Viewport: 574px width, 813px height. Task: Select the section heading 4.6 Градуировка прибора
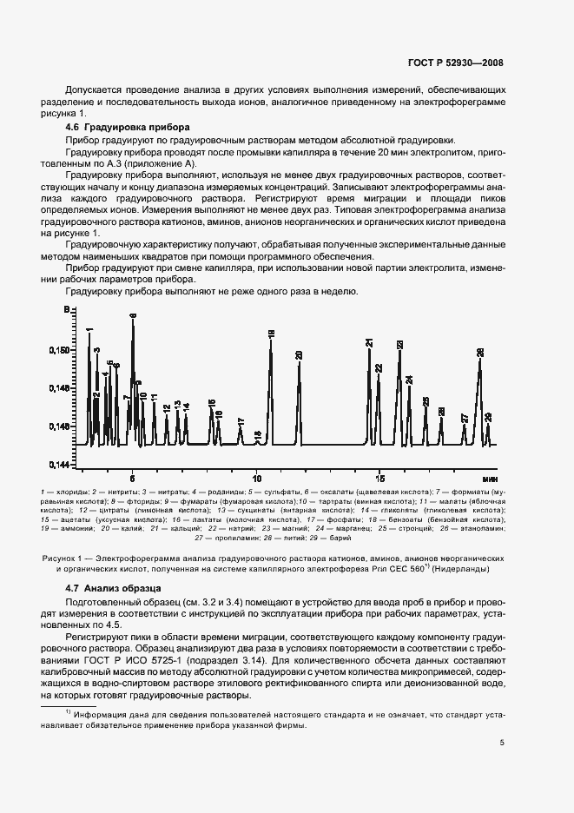pyautogui.click(x=105, y=128)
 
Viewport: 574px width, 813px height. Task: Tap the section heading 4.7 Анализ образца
pyautogui.click(x=96, y=588)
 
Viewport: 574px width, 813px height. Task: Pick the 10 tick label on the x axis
pyautogui.click(x=256, y=478)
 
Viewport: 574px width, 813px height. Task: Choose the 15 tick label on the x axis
pyautogui.click(x=379, y=478)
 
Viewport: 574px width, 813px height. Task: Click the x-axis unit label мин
pyautogui.click(x=490, y=479)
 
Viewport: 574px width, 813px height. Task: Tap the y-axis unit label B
pyautogui.click(x=65, y=310)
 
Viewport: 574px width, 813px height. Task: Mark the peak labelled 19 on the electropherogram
pyautogui.click(x=271, y=334)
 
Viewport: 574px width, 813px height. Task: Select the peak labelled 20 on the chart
pyautogui.click(x=299, y=355)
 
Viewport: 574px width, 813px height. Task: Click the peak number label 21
pyautogui.click(x=369, y=343)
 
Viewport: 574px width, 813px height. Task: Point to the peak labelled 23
pyautogui.click(x=399, y=345)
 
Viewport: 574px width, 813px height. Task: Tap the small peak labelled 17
pyautogui.click(x=241, y=422)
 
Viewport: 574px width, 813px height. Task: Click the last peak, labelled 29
pyautogui.click(x=488, y=417)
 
